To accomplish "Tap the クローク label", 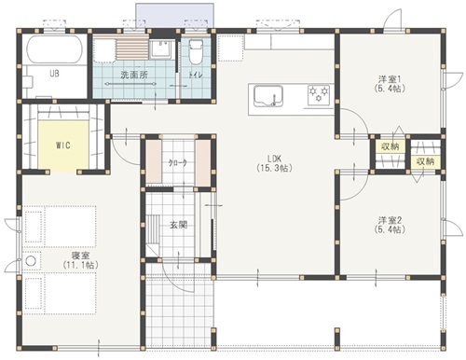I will point(176,163).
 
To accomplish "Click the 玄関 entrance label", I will point(179,225).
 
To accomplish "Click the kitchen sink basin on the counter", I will point(266,94).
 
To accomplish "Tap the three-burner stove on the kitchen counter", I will point(320,93).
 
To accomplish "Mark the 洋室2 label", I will point(389,220).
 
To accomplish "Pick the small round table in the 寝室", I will point(30,260).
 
